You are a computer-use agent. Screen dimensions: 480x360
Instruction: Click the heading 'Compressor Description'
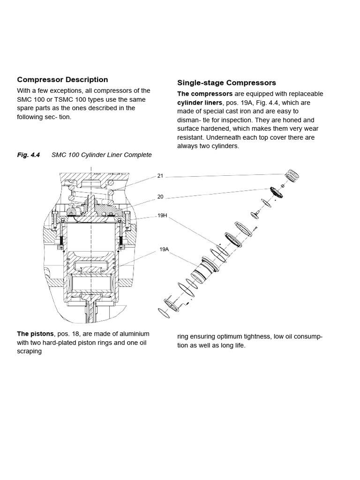pyautogui.click(x=62, y=80)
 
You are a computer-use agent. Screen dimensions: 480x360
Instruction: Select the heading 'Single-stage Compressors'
pyautogui.click(x=226, y=83)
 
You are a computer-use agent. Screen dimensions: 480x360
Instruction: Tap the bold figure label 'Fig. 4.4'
pyautogui.click(x=29, y=155)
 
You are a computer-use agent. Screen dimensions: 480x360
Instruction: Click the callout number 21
pyautogui.click(x=160, y=176)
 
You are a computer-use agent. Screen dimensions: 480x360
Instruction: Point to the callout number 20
pyautogui.click(x=160, y=197)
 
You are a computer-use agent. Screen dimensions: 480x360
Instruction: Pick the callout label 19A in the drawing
pyautogui.click(x=164, y=250)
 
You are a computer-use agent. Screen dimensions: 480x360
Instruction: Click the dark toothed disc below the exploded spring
pyautogui.click(x=274, y=192)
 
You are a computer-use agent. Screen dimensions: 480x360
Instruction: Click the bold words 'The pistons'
pyautogui.click(x=35, y=334)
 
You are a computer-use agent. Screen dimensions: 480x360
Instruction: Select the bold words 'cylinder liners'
pyautogui.click(x=200, y=103)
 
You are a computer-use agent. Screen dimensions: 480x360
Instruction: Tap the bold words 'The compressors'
pyautogui.click(x=205, y=94)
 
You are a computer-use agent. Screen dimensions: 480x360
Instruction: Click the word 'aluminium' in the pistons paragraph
pyautogui.click(x=133, y=334)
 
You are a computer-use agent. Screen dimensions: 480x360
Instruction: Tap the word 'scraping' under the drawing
pyautogui.click(x=30, y=351)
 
